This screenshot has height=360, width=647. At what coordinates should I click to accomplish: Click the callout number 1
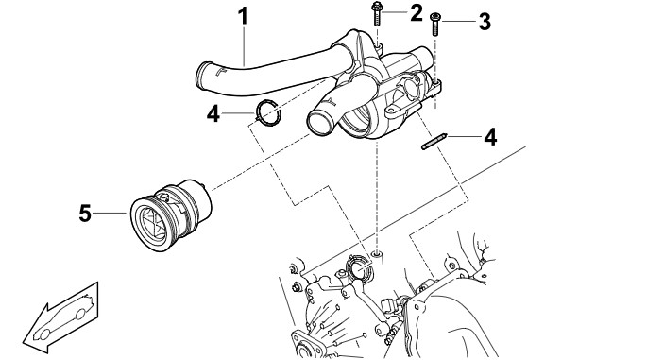(x=244, y=16)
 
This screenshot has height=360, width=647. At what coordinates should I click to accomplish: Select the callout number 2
(x=417, y=12)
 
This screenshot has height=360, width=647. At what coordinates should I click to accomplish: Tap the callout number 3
(x=485, y=21)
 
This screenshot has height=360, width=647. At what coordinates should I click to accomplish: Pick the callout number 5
(x=85, y=214)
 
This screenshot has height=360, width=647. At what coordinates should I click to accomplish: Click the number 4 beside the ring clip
(x=213, y=113)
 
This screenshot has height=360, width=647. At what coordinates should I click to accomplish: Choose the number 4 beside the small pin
(x=490, y=137)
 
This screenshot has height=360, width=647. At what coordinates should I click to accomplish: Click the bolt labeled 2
(x=377, y=13)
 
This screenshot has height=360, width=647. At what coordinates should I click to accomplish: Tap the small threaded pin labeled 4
(x=434, y=141)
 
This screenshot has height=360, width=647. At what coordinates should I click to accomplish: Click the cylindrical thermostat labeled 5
(x=171, y=214)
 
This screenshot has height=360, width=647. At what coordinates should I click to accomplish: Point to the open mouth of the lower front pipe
(x=320, y=123)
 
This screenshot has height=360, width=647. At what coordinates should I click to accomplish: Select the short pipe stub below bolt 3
(x=423, y=56)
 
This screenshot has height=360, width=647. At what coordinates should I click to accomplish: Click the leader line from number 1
(x=245, y=45)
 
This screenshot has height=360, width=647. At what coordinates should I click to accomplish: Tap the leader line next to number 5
(x=110, y=213)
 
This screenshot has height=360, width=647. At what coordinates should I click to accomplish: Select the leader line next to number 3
(x=458, y=21)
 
